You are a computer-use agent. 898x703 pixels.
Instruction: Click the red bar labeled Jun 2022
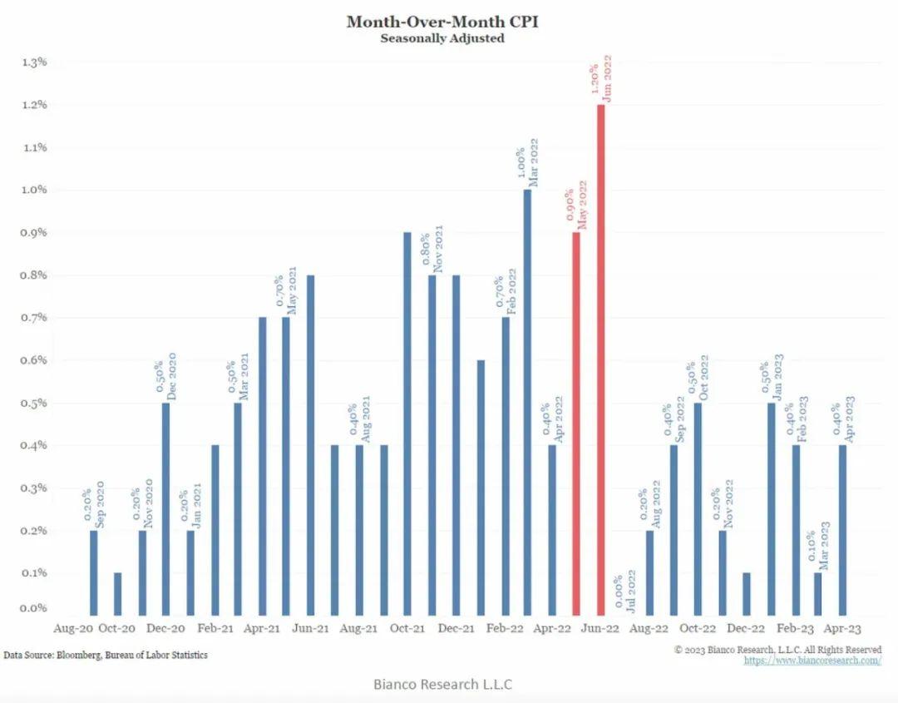coord(600,358)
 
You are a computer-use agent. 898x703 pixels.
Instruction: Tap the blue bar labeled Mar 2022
coord(527,400)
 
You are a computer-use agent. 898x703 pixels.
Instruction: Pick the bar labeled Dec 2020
coord(166,507)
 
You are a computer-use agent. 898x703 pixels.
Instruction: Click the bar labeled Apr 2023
coord(843,528)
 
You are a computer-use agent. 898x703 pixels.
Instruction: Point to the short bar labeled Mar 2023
coord(818,592)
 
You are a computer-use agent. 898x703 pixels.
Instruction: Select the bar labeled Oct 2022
coord(698,507)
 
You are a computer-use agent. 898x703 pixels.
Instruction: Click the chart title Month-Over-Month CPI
coord(442,21)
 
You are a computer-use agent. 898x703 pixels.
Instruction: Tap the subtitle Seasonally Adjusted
coord(442,38)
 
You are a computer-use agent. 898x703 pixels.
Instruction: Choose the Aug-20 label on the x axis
coord(75,629)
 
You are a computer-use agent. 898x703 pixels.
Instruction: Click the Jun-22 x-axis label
coord(600,629)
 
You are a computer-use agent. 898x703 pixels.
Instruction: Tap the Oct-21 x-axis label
coord(407,629)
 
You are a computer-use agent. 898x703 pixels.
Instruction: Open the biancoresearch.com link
coord(812,661)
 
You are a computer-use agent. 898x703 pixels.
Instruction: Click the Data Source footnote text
coord(106,656)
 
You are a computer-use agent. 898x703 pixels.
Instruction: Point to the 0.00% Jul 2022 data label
coord(625,591)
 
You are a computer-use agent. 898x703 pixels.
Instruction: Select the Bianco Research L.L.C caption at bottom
coord(442,685)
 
